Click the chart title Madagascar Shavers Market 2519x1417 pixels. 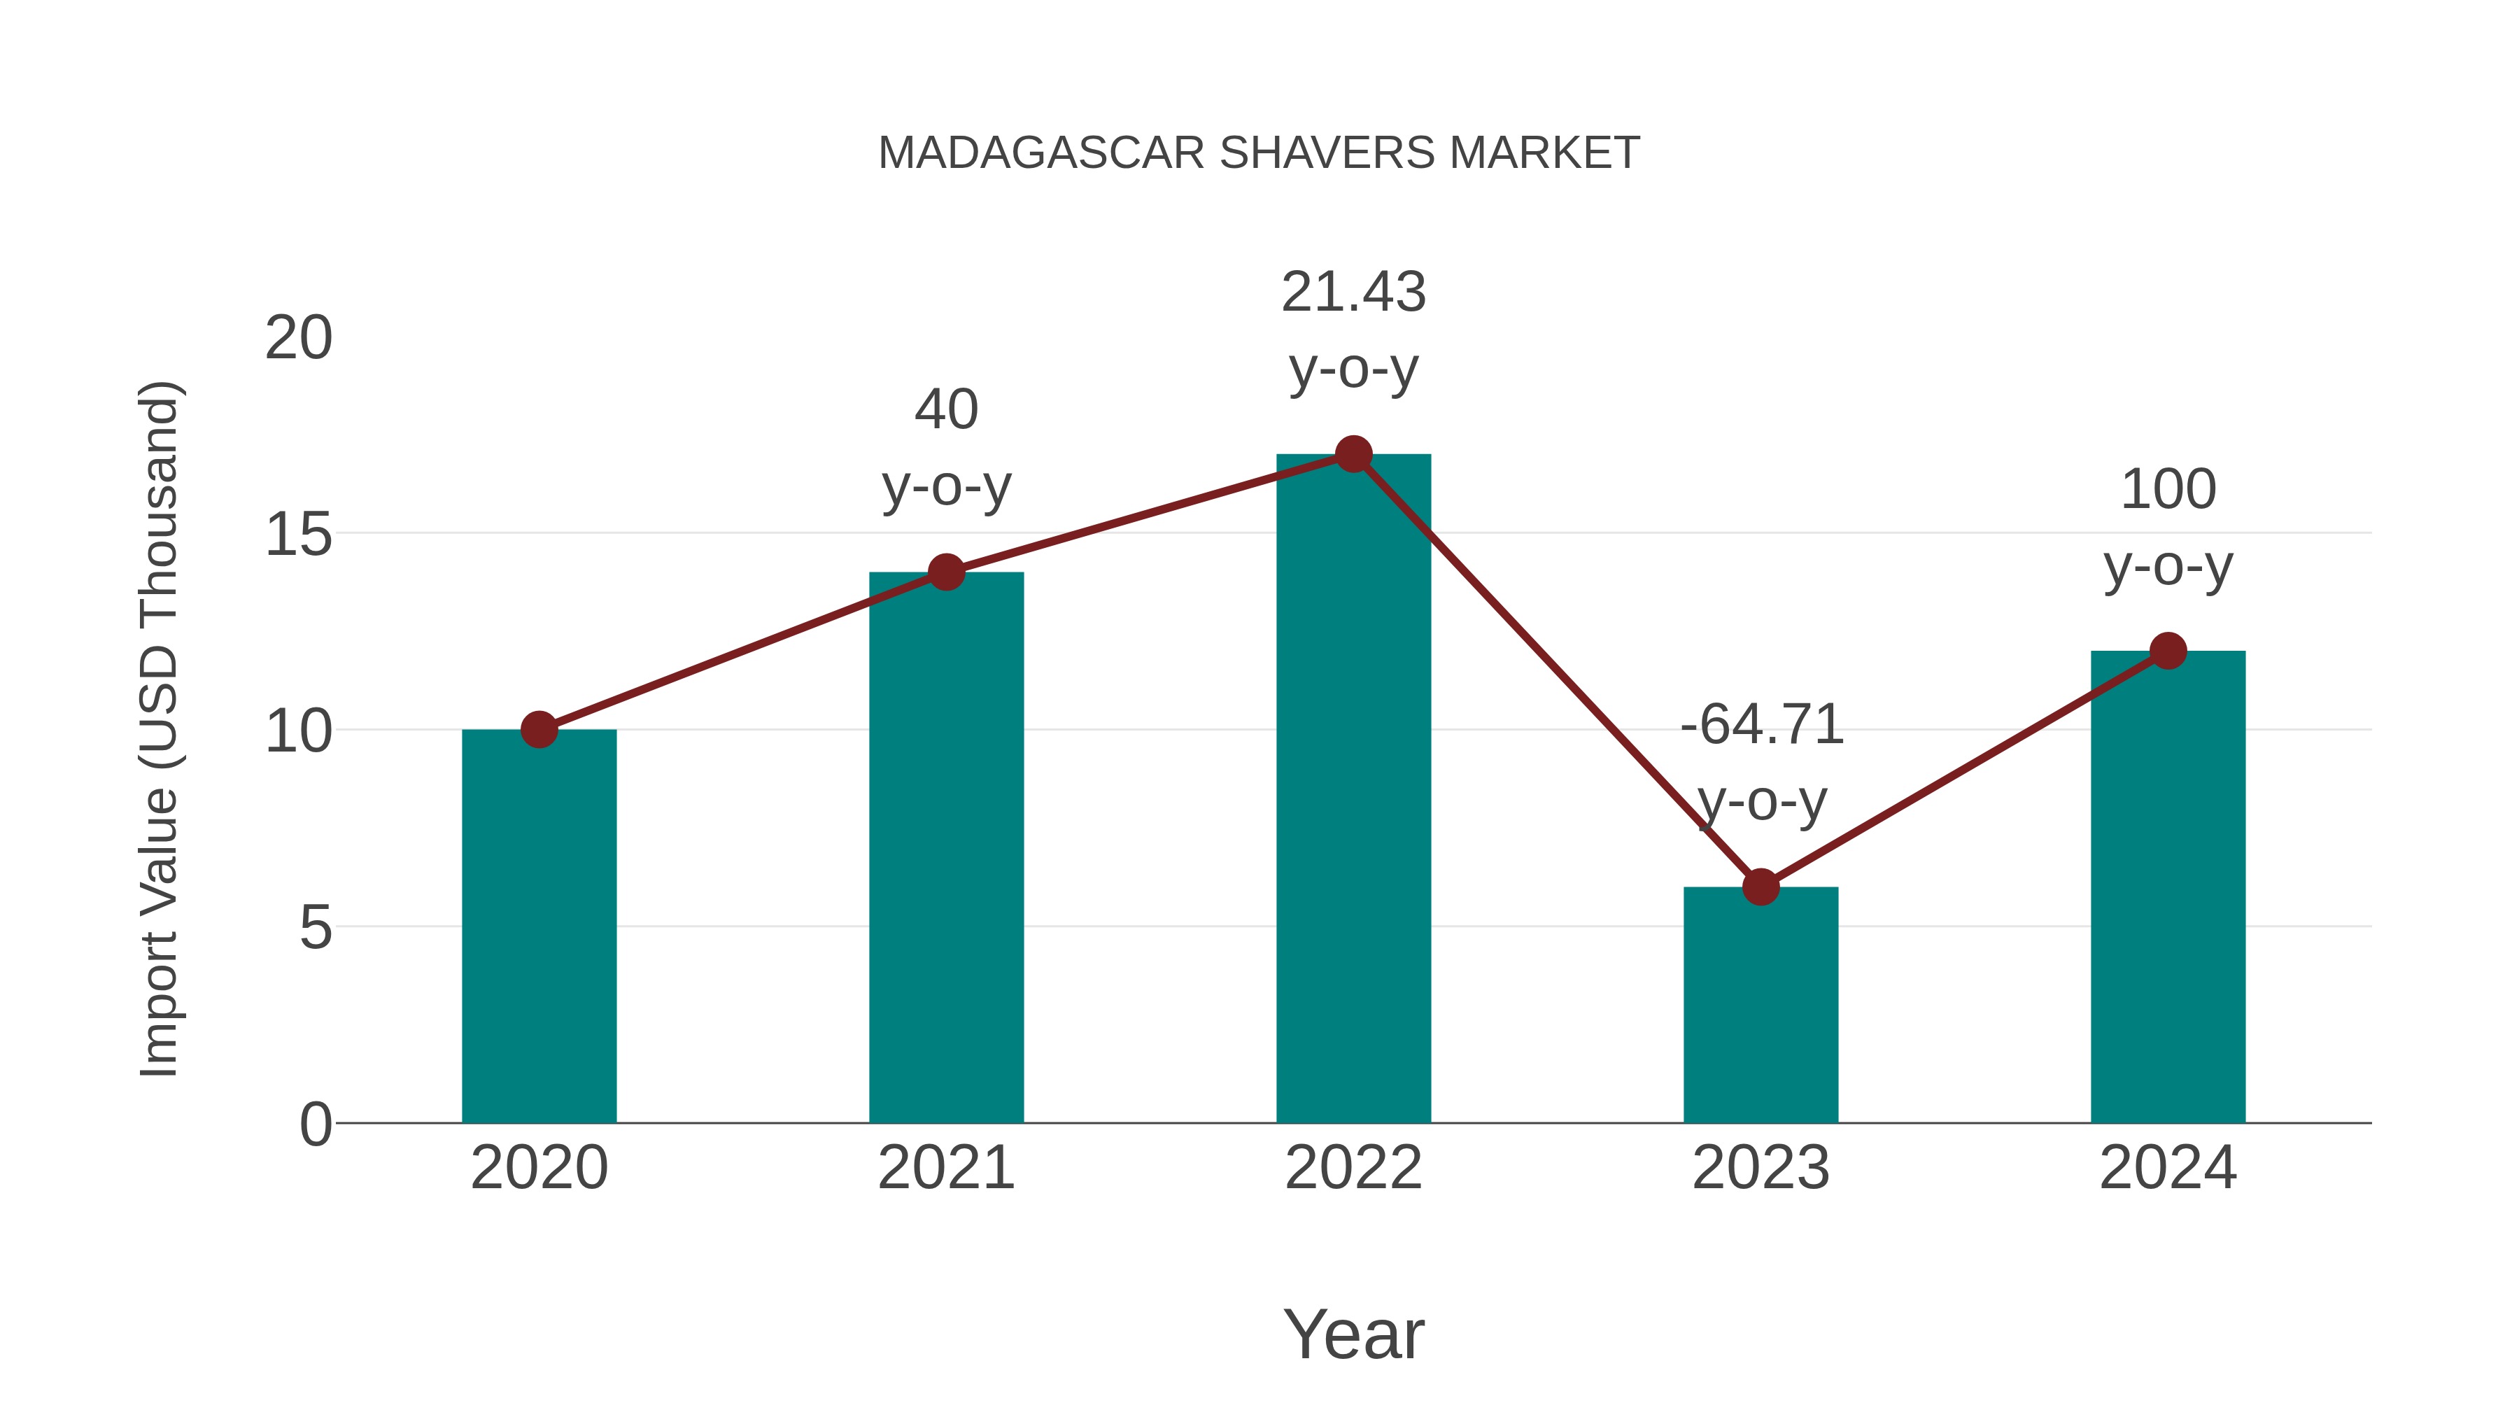point(1259,153)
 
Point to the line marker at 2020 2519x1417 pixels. point(539,730)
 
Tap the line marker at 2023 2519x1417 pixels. point(1761,887)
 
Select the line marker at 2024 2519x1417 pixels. point(2168,650)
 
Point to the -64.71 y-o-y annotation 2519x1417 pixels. point(1761,763)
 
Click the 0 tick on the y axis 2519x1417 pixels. point(316,1124)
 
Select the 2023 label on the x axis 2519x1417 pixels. point(1761,1168)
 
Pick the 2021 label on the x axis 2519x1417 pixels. point(945,1168)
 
